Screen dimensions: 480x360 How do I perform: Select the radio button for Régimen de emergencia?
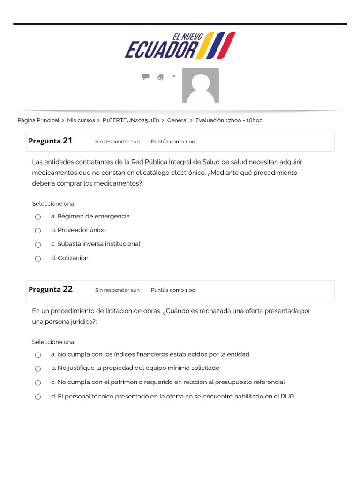click(x=38, y=217)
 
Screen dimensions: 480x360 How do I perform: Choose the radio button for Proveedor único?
click(x=38, y=231)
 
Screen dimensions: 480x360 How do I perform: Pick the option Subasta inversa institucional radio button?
click(x=38, y=245)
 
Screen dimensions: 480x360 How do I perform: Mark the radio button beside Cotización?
click(x=38, y=259)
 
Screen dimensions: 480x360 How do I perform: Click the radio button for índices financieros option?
click(x=38, y=355)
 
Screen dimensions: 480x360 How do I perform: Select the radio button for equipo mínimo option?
click(x=38, y=369)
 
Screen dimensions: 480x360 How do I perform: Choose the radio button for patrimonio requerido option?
click(x=38, y=383)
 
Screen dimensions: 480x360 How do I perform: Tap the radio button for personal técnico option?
click(x=38, y=397)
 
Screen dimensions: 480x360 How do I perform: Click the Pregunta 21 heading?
click(x=51, y=141)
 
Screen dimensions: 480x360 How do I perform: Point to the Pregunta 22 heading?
click(x=51, y=289)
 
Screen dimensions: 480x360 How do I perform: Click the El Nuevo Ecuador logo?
click(x=180, y=45)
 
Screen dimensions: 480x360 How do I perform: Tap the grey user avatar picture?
click(x=200, y=85)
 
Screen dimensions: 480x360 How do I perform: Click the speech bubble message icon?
click(x=146, y=76)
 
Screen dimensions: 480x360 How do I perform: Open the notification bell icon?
click(x=160, y=77)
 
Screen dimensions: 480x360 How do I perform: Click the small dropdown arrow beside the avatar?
click(x=174, y=76)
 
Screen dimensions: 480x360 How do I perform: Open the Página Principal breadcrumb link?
click(x=38, y=120)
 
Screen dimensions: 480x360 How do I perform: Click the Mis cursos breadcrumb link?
click(x=81, y=120)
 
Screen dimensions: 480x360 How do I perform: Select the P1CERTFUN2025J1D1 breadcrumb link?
click(x=131, y=120)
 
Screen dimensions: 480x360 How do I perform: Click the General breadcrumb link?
click(x=177, y=120)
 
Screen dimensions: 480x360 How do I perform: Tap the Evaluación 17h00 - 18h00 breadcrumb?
click(x=229, y=120)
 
